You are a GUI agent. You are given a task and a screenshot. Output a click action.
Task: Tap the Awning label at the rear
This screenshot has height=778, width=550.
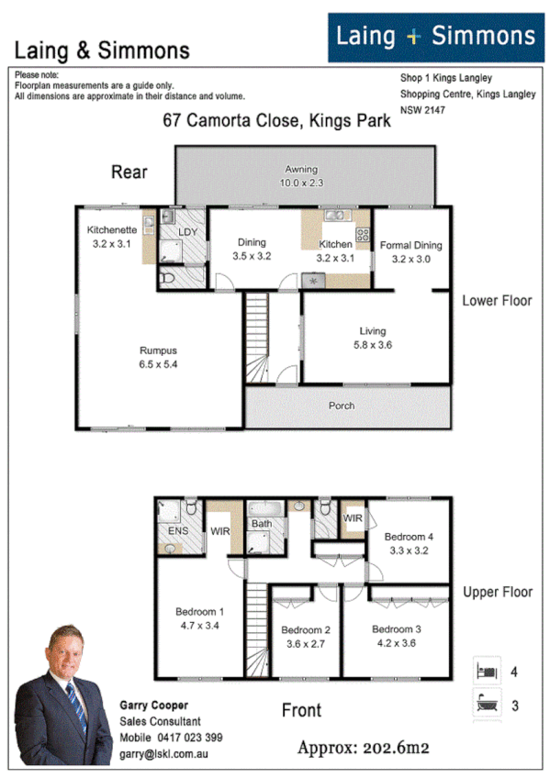coord(300,170)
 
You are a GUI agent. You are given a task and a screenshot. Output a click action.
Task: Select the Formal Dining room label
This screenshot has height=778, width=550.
coord(410,245)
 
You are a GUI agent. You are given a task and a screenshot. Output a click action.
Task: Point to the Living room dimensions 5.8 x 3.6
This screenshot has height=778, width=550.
coord(373,345)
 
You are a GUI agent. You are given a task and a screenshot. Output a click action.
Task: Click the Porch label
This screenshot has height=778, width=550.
coord(342,406)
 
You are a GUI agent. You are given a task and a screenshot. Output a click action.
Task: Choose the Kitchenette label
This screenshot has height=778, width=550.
coord(112,230)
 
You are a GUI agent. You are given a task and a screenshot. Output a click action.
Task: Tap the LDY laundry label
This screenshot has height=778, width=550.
coord(188,232)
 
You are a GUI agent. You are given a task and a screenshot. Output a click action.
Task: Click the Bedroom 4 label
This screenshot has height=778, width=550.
coord(410,537)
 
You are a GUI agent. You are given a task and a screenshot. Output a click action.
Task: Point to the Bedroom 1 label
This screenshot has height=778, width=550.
coord(199,612)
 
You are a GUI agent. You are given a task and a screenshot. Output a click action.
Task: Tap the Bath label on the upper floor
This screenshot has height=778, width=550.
coord(262,524)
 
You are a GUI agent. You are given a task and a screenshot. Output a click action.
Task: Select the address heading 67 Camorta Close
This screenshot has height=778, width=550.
coord(276,119)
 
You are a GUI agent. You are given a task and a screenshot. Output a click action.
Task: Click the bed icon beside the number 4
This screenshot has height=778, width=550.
coord(486,671)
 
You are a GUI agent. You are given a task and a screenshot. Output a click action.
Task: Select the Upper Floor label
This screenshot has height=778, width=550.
coord(497,592)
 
